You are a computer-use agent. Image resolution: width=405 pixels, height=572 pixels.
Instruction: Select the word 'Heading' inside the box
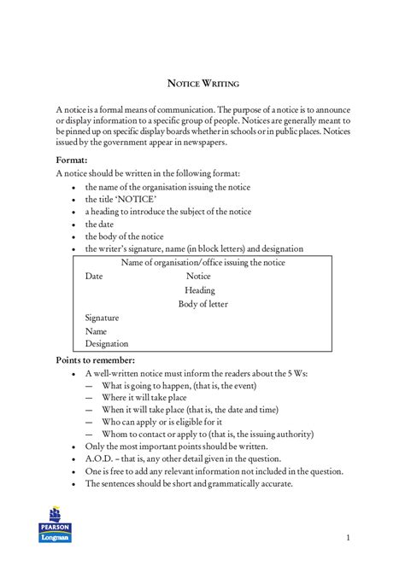point(199,290)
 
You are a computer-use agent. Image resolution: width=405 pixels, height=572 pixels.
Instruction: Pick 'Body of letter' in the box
point(202,304)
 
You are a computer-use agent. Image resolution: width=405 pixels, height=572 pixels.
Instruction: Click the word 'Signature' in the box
point(103,318)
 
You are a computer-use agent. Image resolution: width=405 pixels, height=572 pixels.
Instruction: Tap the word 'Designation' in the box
point(106,344)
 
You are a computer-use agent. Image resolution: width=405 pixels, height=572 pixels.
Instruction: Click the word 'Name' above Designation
point(96,331)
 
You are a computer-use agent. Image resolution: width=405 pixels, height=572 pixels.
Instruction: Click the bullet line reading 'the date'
point(98,224)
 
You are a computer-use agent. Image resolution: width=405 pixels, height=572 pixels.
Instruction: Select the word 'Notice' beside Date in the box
point(198,277)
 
